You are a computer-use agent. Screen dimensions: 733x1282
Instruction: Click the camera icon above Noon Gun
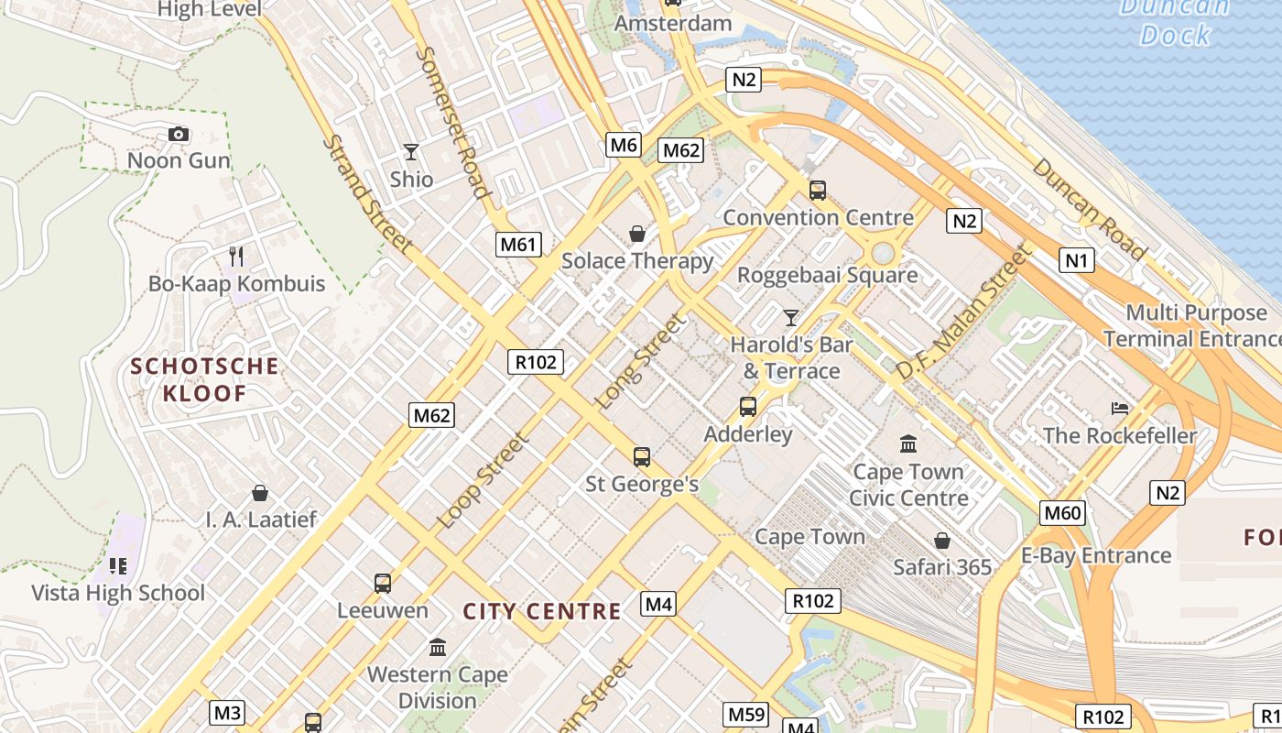tap(179, 135)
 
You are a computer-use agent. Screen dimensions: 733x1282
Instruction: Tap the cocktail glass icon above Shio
tap(411, 152)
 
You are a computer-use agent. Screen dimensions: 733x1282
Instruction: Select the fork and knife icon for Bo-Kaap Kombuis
tap(236, 256)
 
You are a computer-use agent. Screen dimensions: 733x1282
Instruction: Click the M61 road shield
tap(519, 244)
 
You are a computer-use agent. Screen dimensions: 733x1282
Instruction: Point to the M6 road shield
tap(623, 144)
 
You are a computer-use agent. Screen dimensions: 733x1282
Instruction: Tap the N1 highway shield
tap(1077, 260)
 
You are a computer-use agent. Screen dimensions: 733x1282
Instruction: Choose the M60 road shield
tap(1063, 512)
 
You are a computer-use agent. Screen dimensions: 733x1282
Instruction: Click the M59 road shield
tap(747, 714)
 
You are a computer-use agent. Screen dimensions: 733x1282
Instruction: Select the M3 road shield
tap(227, 712)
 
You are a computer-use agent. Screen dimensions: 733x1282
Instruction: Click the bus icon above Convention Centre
tap(818, 191)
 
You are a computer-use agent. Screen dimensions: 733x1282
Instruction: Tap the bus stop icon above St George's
tap(642, 456)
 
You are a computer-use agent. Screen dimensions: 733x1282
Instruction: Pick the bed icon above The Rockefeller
tap(1120, 408)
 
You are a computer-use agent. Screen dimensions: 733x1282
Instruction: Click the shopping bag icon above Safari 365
tap(941, 541)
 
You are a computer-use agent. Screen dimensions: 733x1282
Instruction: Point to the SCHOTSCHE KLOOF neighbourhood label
tap(204, 379)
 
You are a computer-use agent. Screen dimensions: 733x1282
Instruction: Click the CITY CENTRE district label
tap(541, 611)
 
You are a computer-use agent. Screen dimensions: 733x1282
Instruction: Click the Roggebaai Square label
tap(827, 275)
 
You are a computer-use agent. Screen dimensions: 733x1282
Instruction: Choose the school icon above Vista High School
tap(117, 565)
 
